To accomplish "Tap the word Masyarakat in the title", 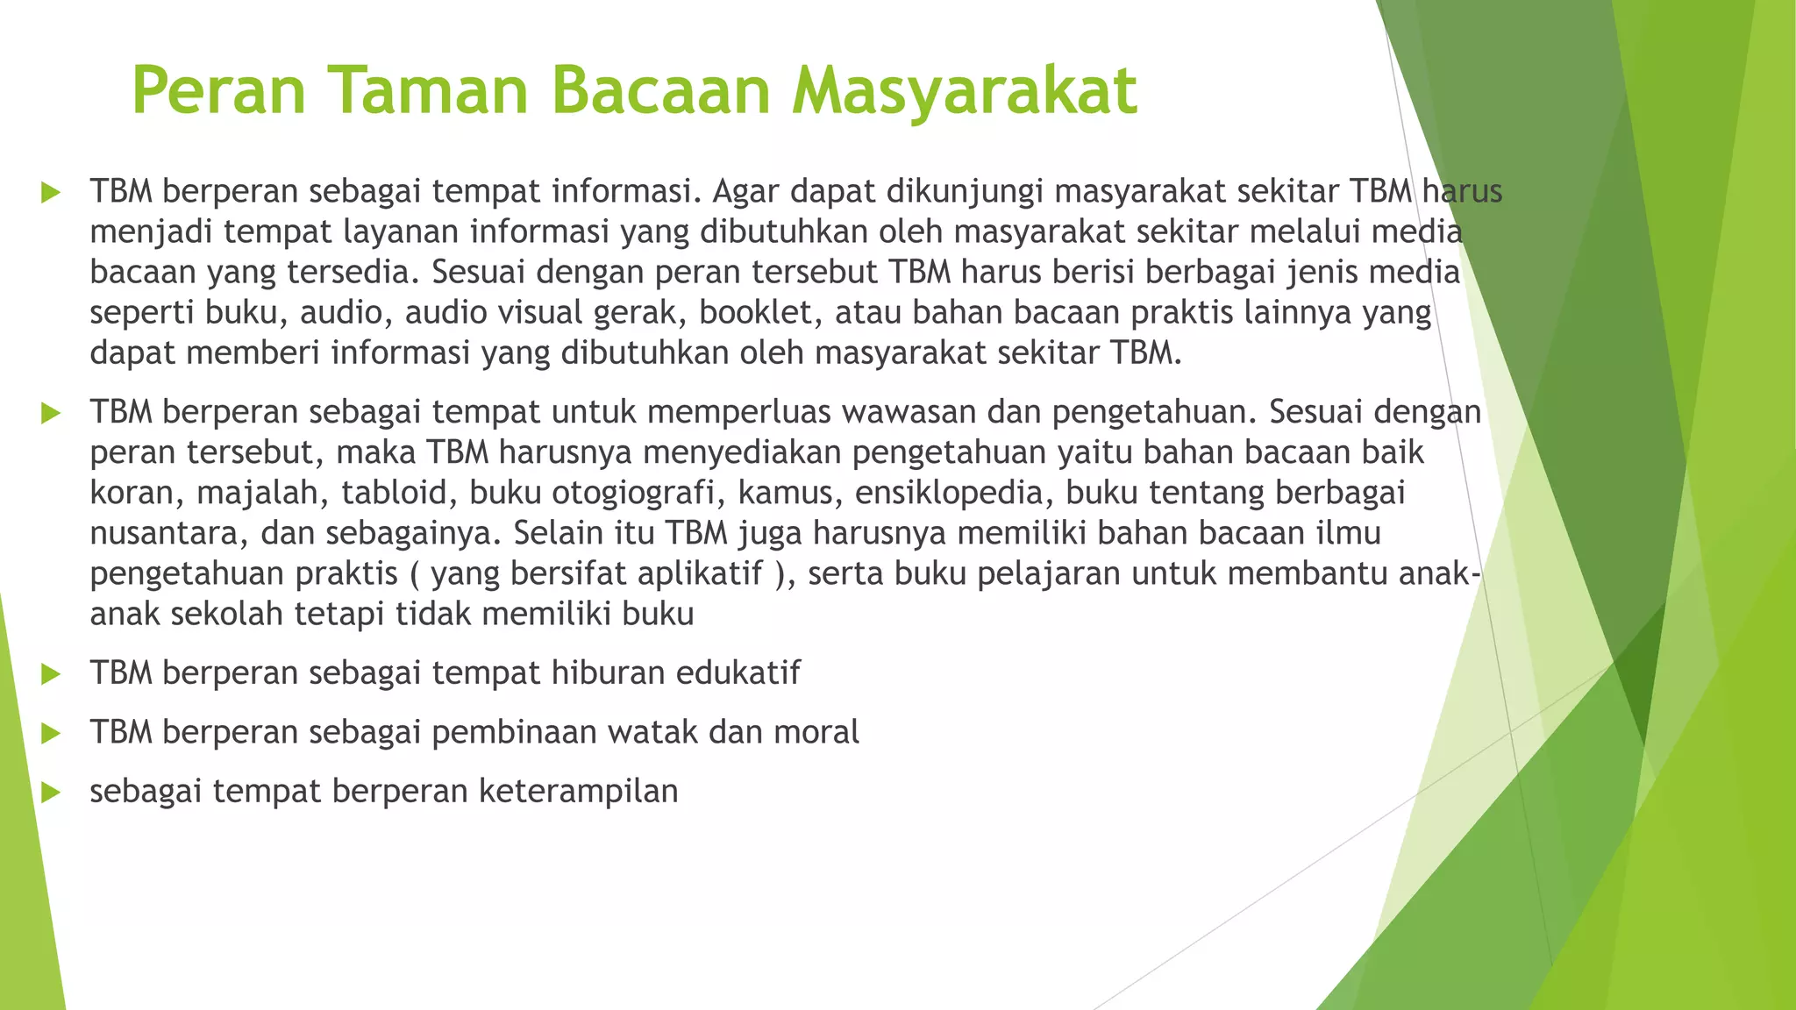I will (x=964, y=90).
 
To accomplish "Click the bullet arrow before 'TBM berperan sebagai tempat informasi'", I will (x=51, y=192).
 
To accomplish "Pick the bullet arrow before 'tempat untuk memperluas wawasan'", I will (x=51, y=413).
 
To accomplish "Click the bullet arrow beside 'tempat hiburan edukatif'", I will (x=51, y=674).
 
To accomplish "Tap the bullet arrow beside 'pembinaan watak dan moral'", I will (x=51, y=733).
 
